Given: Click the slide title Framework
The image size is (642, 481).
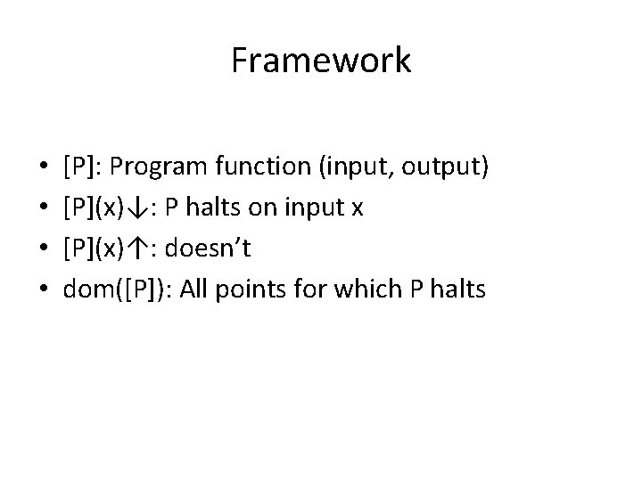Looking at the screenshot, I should [321, 61].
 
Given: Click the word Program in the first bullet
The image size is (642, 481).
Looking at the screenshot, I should [158, 167].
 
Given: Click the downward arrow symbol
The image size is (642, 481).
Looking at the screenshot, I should [136, 208].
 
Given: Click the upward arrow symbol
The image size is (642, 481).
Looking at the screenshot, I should [136, 249].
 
